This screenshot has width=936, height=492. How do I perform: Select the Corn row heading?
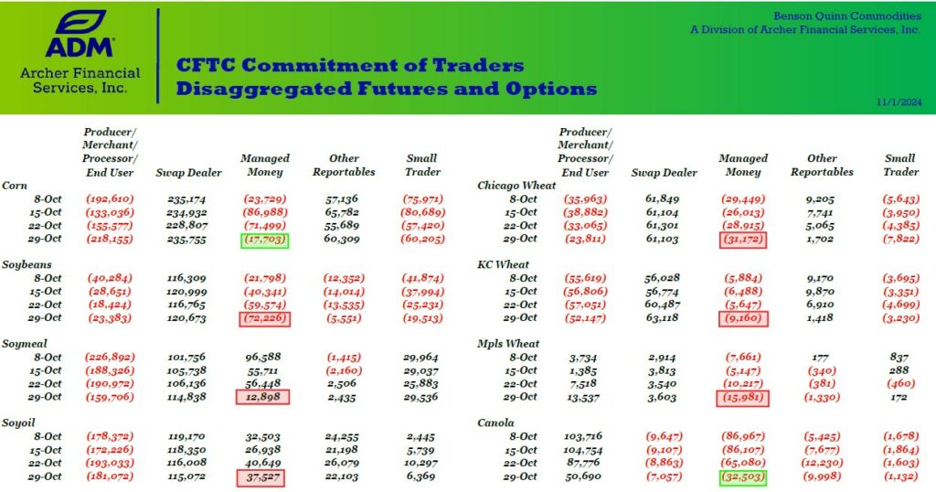(15, 185)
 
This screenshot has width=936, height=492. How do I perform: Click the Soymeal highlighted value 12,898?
(264, 397)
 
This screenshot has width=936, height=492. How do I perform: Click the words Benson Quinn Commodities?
(846, 16)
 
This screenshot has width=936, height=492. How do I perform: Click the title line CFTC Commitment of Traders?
(350, 66)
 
